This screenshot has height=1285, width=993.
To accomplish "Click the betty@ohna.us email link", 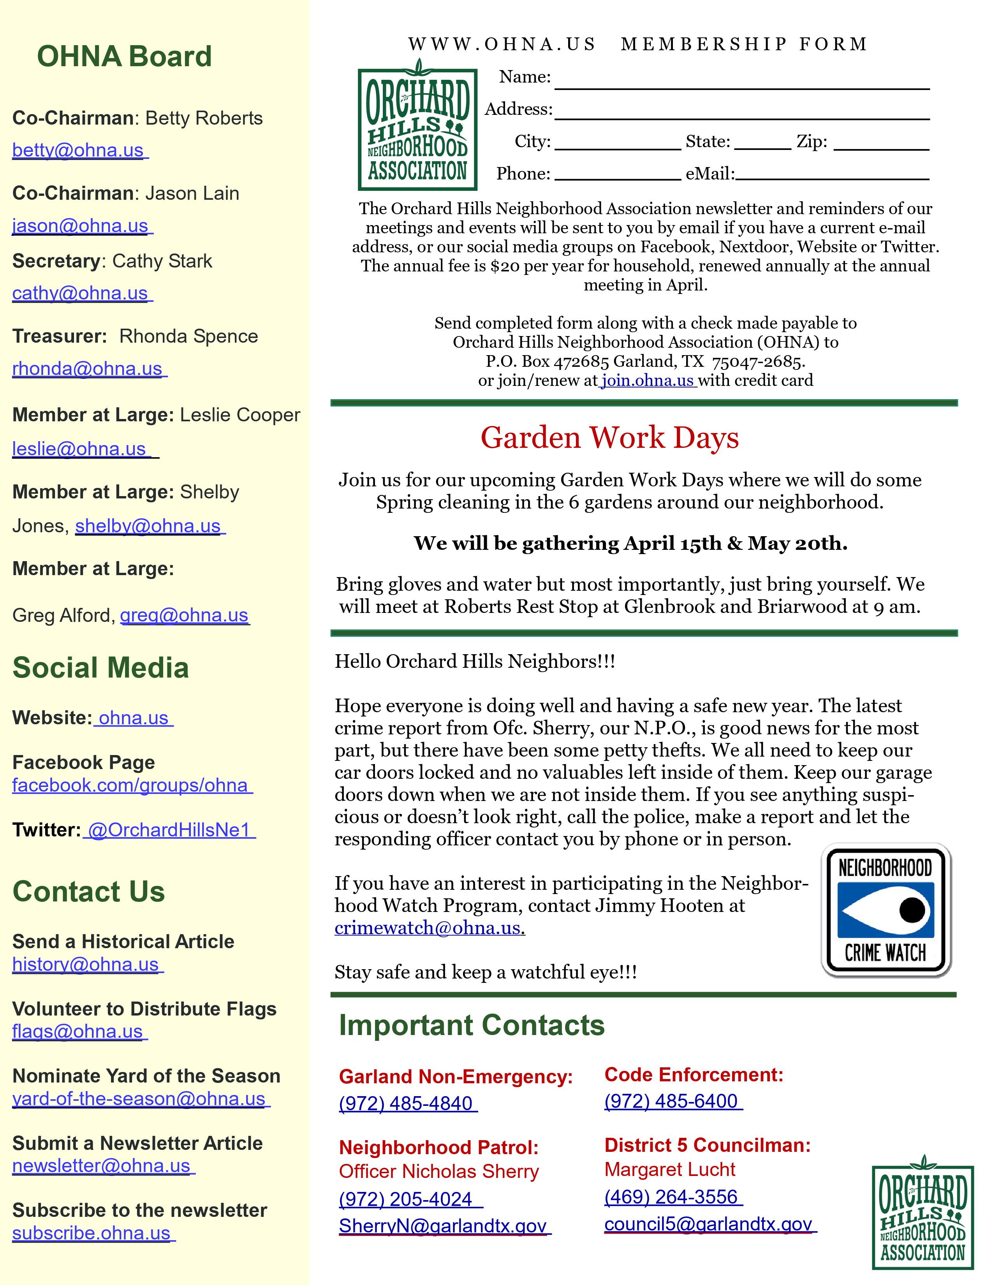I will coord(78,151).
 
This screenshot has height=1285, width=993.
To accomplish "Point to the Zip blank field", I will coord(881,144).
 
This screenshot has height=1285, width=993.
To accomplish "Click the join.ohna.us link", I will coord(648,381).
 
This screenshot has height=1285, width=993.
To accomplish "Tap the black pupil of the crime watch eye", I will coord(912,910).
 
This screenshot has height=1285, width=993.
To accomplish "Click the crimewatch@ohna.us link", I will coord(428,928).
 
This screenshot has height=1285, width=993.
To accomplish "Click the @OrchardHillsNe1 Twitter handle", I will coord(169,830).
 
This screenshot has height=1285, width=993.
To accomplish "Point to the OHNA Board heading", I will coord(124,56).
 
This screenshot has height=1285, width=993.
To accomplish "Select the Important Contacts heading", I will coord(472,1026).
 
